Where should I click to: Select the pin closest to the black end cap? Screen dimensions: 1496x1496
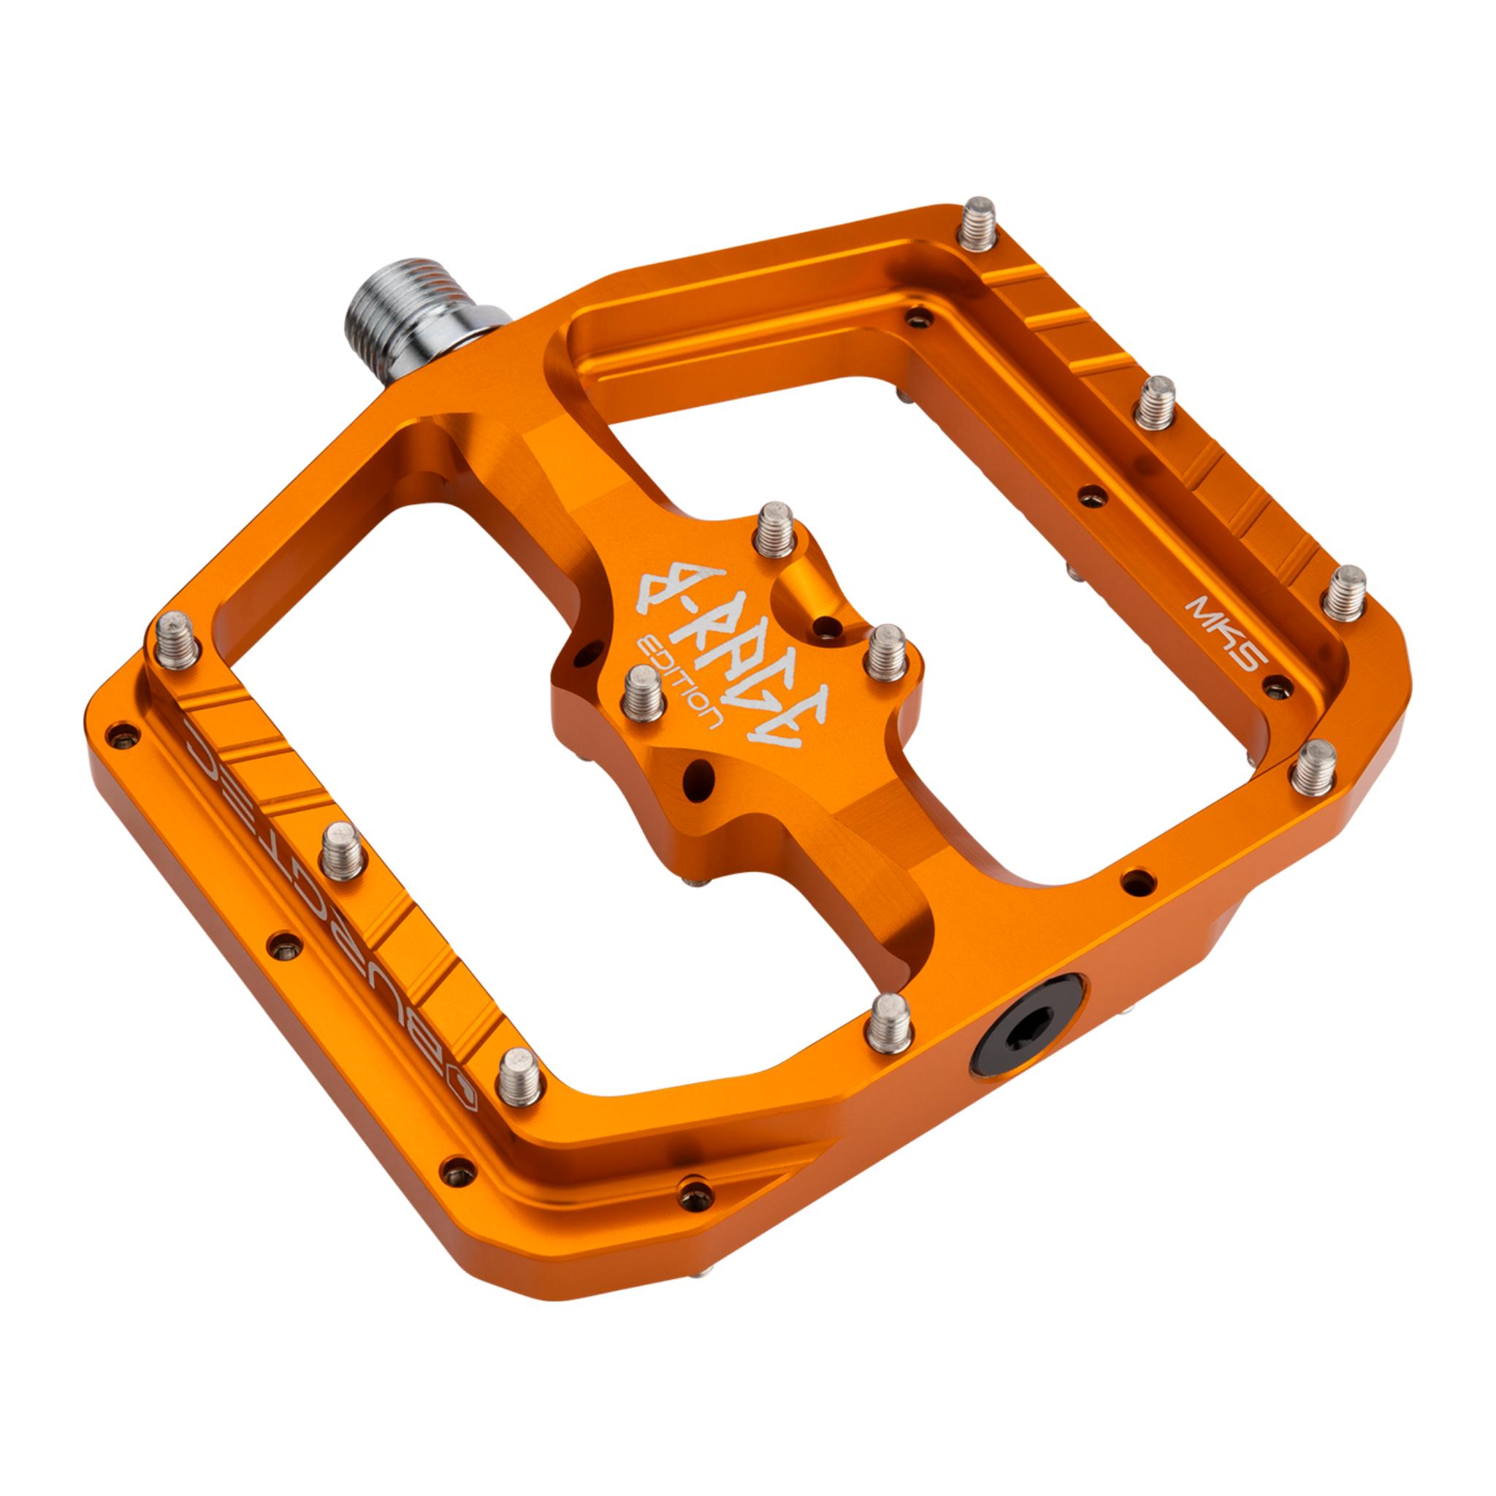tap(889, 1023)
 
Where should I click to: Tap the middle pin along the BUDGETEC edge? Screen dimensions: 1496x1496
tap(341, 850)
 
